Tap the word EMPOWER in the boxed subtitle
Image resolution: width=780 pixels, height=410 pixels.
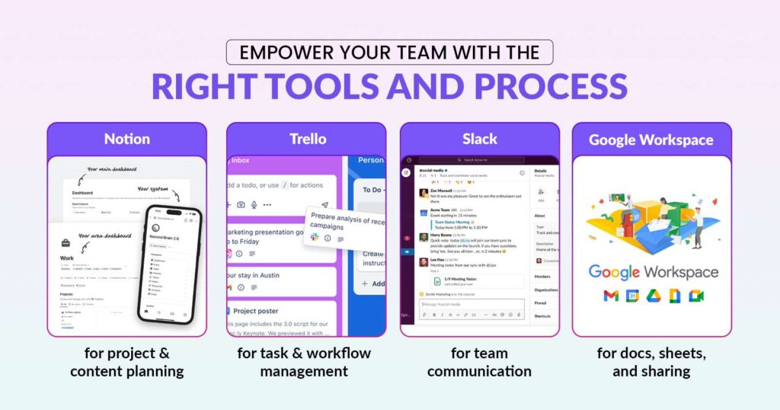click(277, 53)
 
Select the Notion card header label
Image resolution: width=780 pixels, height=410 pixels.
click(126, 139)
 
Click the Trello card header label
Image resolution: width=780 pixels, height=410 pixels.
click(306, 139)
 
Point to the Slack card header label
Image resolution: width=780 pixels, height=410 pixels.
click(479, 139)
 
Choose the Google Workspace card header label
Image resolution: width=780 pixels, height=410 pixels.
click(651, 139)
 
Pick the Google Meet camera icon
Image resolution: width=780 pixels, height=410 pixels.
click(695, 296)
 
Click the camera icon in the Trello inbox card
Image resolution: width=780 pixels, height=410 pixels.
click(241, 204)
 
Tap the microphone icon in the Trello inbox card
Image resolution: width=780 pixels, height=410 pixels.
click(254, 204)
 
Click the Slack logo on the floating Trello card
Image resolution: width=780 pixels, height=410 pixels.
click(314, 238)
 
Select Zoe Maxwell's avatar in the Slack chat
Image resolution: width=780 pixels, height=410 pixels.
click(423, 194)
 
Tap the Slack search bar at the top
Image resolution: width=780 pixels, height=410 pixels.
click(480, 160)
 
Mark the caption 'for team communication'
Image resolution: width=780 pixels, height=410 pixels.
click(479, 362)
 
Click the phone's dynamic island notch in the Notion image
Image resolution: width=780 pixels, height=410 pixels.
click(174, 212)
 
